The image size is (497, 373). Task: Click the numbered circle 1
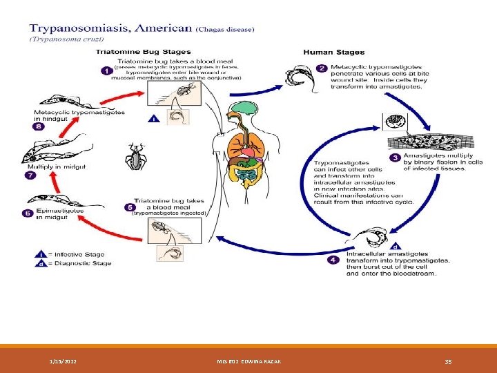click(106, 70)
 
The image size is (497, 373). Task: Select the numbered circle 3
click(395, 158)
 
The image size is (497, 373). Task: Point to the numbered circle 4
click(333, 260)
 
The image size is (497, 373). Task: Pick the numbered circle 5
click(129, 207)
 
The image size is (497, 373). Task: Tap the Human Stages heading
click(334, 52)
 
